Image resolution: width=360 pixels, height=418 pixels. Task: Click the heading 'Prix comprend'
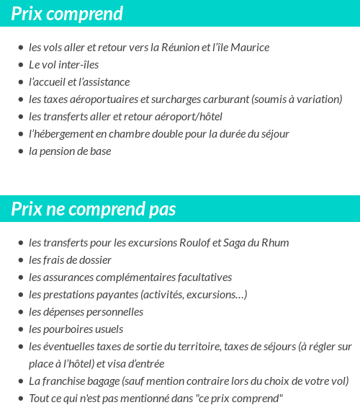tap(67, 14)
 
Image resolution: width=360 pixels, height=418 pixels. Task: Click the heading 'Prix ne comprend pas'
tap(94, 209)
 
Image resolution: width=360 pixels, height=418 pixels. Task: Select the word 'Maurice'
tap(250, 48)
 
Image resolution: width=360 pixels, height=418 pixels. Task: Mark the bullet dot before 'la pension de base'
tap(20, 152)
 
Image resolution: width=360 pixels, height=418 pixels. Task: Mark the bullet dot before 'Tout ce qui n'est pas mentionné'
tap(20, 399)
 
